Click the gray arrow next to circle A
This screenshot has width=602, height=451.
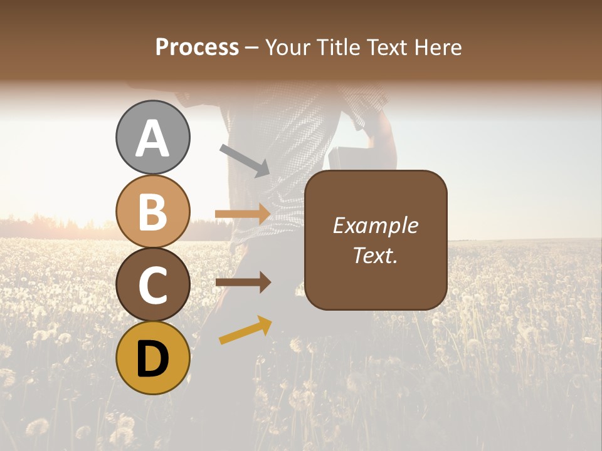244,159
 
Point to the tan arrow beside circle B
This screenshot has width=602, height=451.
243,214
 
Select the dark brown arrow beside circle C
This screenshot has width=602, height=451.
243,283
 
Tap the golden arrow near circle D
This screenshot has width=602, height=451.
245,330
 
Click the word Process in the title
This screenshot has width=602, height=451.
197,47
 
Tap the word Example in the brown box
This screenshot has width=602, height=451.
376,225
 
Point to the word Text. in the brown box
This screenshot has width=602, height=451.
376,254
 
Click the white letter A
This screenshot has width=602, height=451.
153,139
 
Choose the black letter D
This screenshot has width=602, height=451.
153,358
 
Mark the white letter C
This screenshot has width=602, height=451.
153,286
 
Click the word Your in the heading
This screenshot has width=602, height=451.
287,47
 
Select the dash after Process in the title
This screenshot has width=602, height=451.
251,48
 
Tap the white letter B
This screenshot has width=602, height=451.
153,212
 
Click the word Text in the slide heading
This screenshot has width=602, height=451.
388,47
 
